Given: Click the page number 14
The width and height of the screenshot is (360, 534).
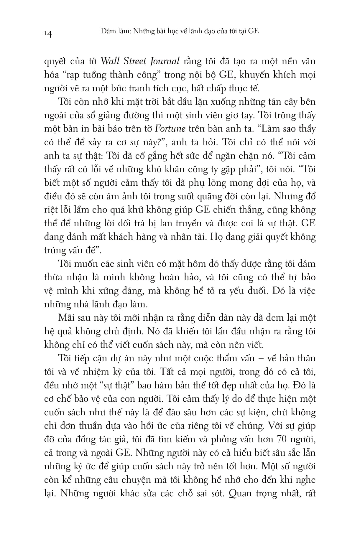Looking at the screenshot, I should pyautogui.click(x=48, y=34).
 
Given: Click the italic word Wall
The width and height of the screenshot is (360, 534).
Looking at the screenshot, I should pyautogui.click(x=109, y=61).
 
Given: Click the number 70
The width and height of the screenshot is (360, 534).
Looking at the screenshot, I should pyautogui.click(x=283, y=439).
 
